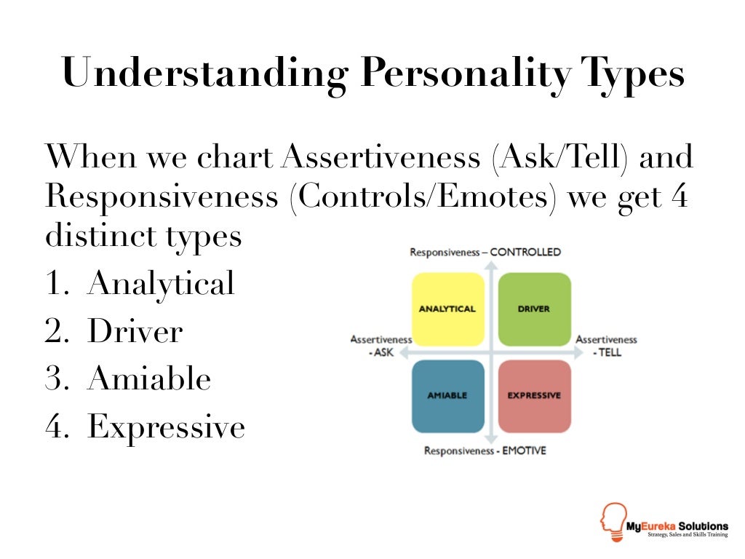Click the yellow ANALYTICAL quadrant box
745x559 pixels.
447,309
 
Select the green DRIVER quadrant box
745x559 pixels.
535,309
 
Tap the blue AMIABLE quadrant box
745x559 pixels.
447,396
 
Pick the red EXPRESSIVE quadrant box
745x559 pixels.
535,396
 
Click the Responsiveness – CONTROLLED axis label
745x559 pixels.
485,252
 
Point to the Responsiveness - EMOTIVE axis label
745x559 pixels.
485,451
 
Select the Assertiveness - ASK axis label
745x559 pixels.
381,346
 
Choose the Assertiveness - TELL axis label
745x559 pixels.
606,346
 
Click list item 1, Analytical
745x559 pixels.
140,284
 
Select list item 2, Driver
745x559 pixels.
114,331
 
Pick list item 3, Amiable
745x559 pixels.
128,378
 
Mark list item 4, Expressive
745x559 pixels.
146,427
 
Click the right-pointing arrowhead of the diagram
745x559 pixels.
578,353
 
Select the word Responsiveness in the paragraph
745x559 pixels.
162,197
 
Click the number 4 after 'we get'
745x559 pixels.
680,195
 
